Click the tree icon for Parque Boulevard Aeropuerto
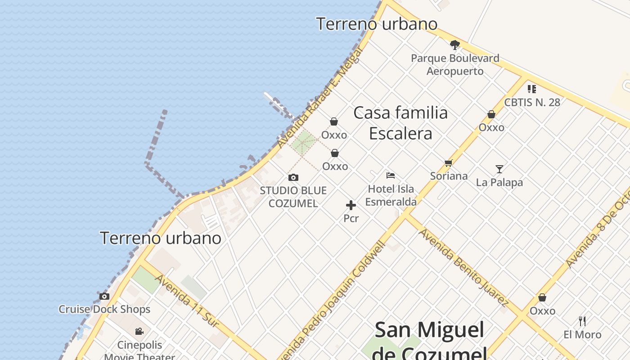454,45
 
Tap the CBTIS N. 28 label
532,102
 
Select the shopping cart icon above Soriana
448,163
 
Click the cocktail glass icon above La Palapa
499,169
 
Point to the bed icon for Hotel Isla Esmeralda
391,175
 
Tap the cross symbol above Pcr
351,206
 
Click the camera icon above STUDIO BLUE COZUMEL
293,178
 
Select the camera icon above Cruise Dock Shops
104,297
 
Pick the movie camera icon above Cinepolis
139,332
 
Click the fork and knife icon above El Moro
582,321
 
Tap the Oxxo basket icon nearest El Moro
542,298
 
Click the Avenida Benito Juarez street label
463,268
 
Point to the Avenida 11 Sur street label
187,300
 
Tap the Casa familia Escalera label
400,123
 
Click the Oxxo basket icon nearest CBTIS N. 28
491,115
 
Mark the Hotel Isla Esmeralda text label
391,195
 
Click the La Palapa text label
499,183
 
